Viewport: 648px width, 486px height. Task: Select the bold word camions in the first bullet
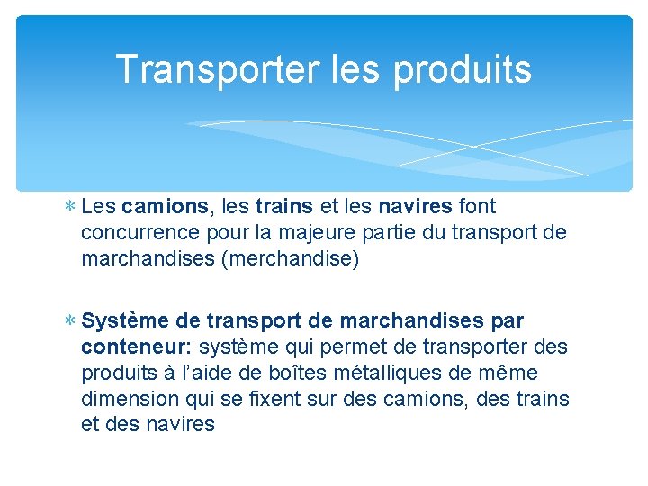165,207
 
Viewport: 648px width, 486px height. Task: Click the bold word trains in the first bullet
283,207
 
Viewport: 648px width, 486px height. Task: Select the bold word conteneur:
137,347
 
